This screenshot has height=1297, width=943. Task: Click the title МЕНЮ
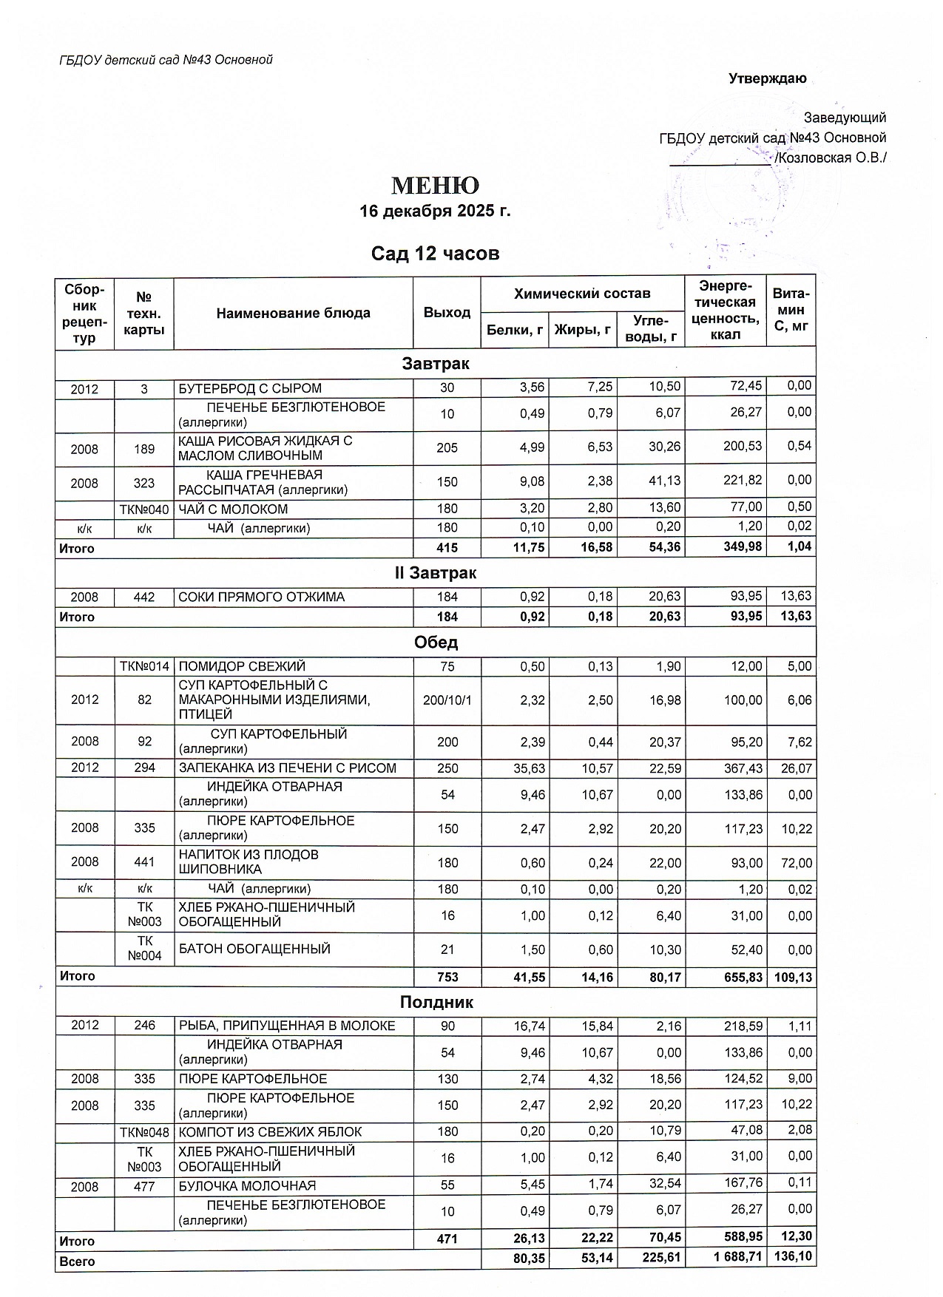(435, 185)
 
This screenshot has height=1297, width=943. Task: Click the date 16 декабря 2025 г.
(435, 211)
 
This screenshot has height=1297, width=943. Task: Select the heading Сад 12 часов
(435, 254)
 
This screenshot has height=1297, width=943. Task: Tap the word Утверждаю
(767, 79)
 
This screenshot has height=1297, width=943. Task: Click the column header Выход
(447, 313)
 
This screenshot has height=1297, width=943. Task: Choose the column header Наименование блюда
(293, 313)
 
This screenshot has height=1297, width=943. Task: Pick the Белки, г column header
(515, 330)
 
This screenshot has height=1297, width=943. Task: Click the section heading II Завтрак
(435, 573)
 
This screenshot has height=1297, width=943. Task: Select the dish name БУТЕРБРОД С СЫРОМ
(251, 388)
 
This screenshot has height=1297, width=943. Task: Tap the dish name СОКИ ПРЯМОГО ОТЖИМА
(262, 597)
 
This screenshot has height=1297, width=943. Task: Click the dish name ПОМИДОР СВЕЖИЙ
(242, 666)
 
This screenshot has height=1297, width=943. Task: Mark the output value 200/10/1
(447, 700)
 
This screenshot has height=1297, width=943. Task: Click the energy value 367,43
(724, 768)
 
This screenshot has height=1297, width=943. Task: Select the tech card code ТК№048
(144, 1132)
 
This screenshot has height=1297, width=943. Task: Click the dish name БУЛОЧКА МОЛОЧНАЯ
(247, 1186)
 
